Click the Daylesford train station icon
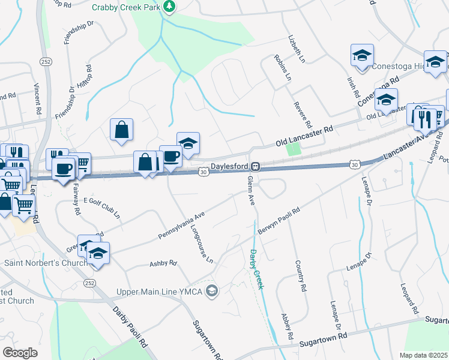(x=255, y=166)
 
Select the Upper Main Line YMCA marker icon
(x=211, y=292)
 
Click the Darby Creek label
(x=256, y=269)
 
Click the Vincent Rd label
(x=37, y=98)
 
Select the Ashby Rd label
(x=163, y=263)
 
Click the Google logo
(x=20, y=352)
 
